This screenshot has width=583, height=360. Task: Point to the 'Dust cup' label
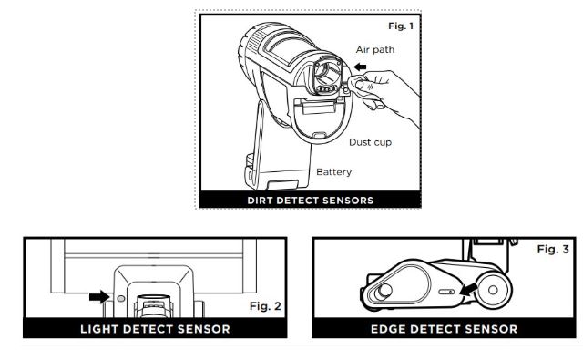370,143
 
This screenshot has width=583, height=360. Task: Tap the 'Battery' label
333,171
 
